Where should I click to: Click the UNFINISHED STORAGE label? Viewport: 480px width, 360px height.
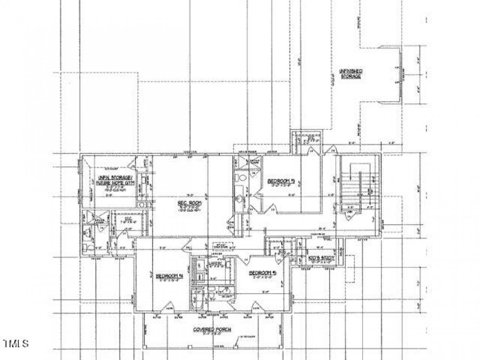pos(351,74)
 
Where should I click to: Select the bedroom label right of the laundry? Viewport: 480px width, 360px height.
pos(262,273)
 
